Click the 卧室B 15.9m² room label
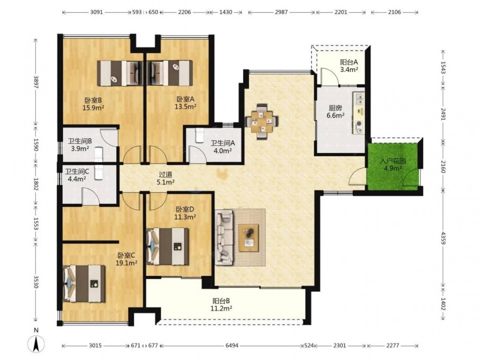(x=94, y=104)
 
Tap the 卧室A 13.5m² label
(x=185, y=103)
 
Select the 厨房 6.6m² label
(x=336, y=111)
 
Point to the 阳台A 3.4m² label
(x=349, y=65)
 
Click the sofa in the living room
(x=224, y=238)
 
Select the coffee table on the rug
(x=249, y=238)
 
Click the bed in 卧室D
(x=168, y=246)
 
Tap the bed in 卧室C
(x=84, y=284)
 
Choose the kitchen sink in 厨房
(x=359, y=98)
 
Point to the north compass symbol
(x=36, y=343)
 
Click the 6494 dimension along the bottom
(x=232, y=346)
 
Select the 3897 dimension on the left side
(x=36, y=82)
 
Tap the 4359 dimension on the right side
(x=443, y=238)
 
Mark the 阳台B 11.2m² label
(x=221, y=305)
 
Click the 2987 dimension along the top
(x=281, y=12)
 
